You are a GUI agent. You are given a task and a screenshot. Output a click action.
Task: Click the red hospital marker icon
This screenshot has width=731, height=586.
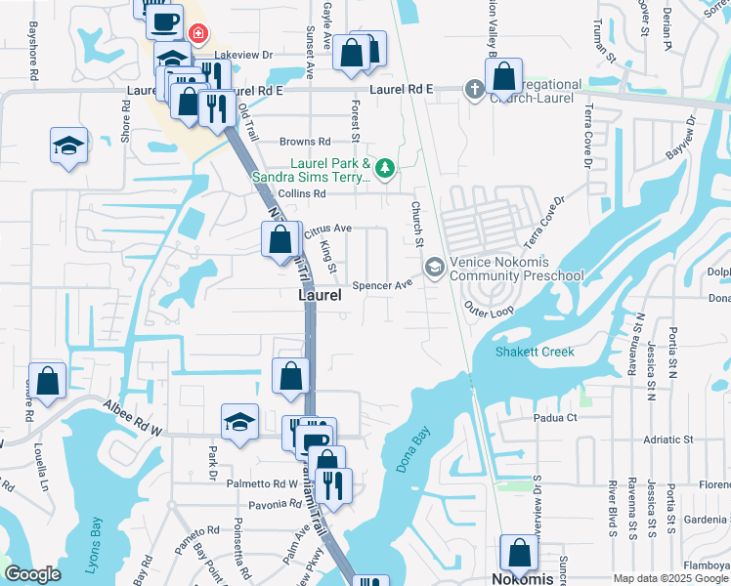point(198,35)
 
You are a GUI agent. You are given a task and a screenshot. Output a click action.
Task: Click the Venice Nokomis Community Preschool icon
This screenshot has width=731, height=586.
point(434,266)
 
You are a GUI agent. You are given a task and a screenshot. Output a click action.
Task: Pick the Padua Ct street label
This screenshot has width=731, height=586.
point(557,417)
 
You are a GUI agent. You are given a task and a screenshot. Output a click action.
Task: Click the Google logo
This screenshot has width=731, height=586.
point(32,573)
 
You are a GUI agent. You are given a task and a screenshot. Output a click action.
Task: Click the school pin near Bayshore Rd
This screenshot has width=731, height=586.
point(69,146)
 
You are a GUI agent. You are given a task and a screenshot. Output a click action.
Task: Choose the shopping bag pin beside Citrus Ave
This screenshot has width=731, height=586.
point(280,238)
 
